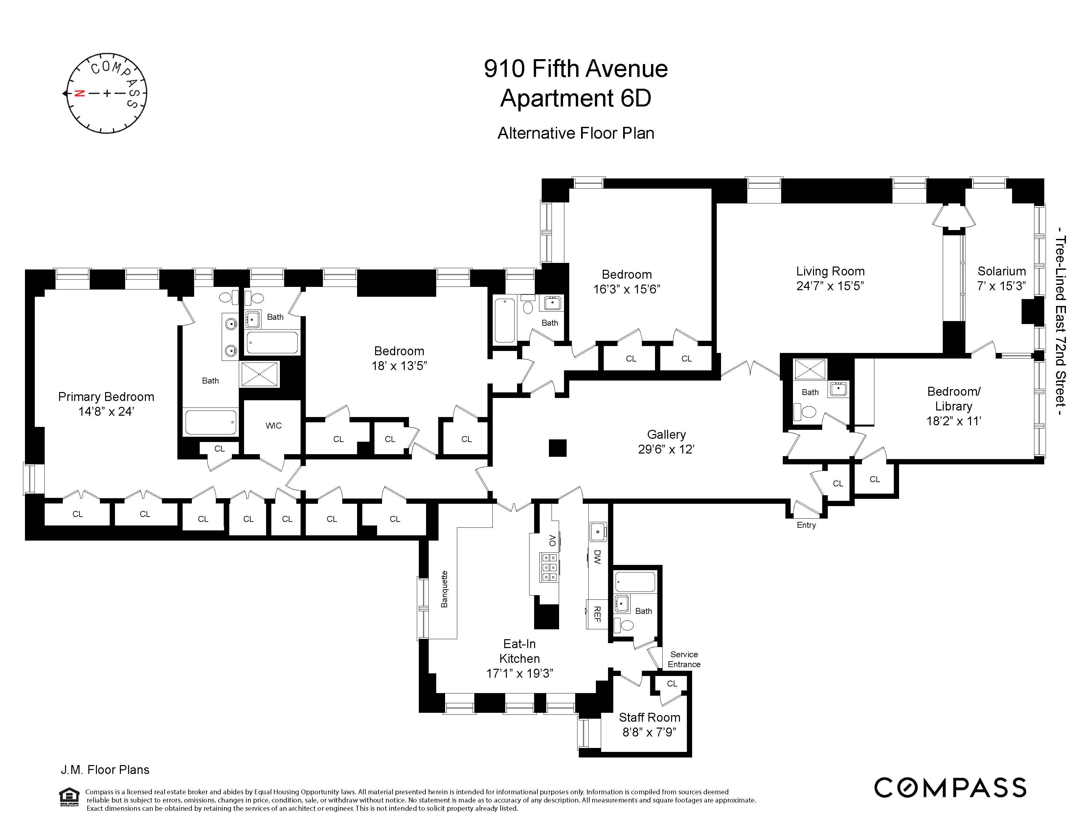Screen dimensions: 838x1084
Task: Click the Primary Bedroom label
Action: pos(106,397)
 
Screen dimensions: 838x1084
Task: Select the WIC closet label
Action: pos(274,426)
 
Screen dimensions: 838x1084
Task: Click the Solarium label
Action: pos(1001,271)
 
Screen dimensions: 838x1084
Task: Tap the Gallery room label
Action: pos(666,434)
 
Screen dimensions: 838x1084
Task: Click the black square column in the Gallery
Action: pos(557,448)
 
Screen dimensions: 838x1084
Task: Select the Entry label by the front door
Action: pos(806,525)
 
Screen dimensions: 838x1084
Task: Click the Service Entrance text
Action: pos(684,659)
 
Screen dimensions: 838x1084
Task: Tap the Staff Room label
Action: pos(649,717)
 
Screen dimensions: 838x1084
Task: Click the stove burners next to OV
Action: pos(550,568)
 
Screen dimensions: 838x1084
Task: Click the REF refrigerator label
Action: pos(598,614)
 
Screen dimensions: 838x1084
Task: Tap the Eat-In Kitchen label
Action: pos(519,651)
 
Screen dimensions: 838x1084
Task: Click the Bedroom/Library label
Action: pos(954,399)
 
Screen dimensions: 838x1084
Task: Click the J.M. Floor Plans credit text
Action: pos(105,770)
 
